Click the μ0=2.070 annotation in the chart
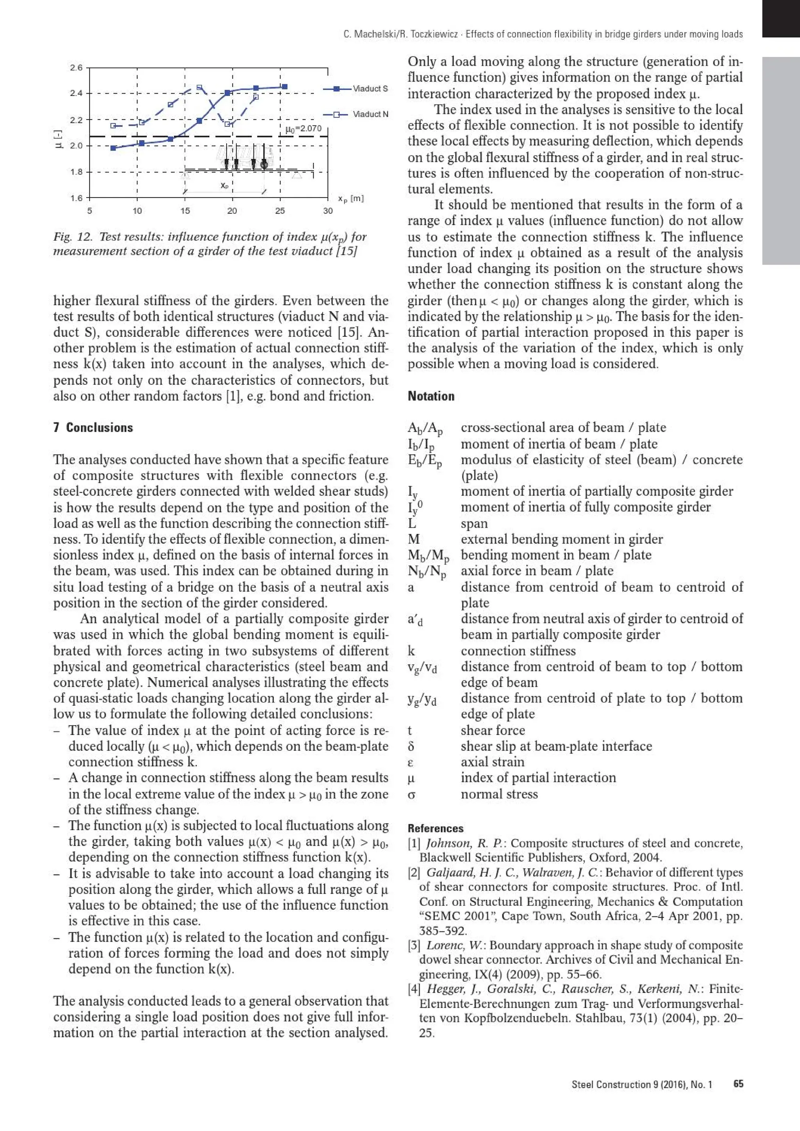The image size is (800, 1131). coord(303,128)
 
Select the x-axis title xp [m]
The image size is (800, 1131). coord(350,199)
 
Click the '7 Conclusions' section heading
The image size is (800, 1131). coord(93,428)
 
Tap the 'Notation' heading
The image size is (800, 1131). coord(431,396)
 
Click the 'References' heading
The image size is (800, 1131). coord(435,829)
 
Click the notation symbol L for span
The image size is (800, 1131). coord(412,523)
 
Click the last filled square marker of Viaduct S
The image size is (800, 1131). coord(284,87)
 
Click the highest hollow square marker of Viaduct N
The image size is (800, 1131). coord(199,88)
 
